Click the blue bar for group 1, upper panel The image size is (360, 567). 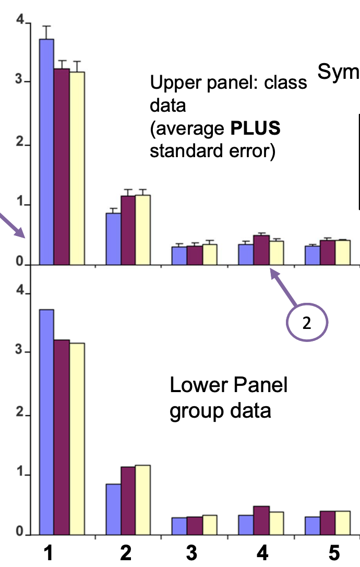(46, 151)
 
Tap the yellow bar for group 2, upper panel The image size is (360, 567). (143, 230)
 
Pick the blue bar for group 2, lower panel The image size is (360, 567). (113, 509)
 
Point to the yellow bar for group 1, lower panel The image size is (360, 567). (77, 439)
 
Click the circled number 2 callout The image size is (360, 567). (307, 324)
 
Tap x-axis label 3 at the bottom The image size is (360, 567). (192, 553)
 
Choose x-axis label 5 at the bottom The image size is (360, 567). (334, 553)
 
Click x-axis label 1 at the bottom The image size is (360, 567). (48, 553)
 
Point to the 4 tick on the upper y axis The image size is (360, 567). (21, 21)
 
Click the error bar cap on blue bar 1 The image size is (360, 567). (46, 26)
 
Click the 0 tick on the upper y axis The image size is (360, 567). (21, 265)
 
